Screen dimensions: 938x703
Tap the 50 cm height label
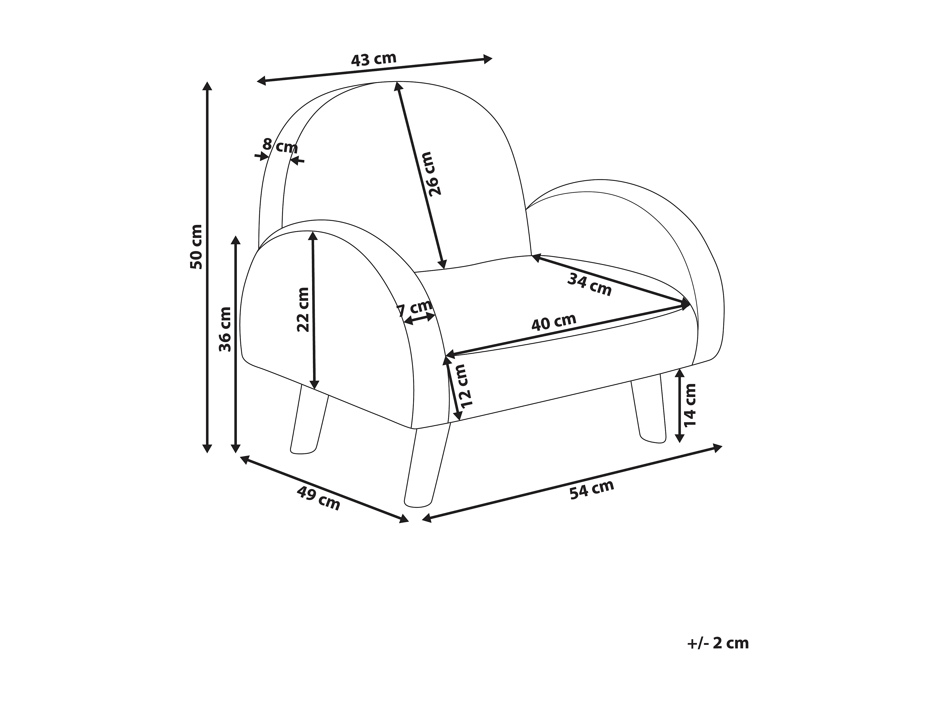click(196, 247)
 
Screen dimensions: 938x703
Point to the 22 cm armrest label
click(303, 309)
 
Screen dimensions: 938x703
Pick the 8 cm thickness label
click(280, 146)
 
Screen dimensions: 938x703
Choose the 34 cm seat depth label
click(589, 285)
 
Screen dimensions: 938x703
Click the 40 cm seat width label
click(554, 322)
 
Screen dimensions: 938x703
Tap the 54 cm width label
click(592, 490)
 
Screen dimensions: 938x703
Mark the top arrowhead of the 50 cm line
click(207, 86)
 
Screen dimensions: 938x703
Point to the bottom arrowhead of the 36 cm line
click(236, 448)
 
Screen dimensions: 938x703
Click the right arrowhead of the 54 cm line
click(717, 448)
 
